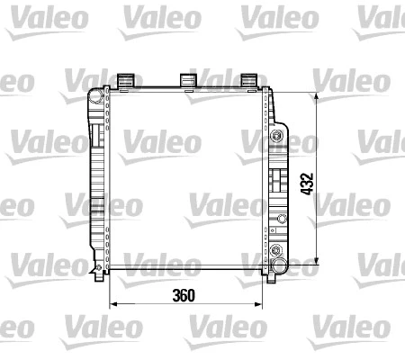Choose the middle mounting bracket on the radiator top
[189, 81]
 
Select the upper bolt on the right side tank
[276, 139]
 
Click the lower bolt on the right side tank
[276, 253]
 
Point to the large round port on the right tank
[280, 266]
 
